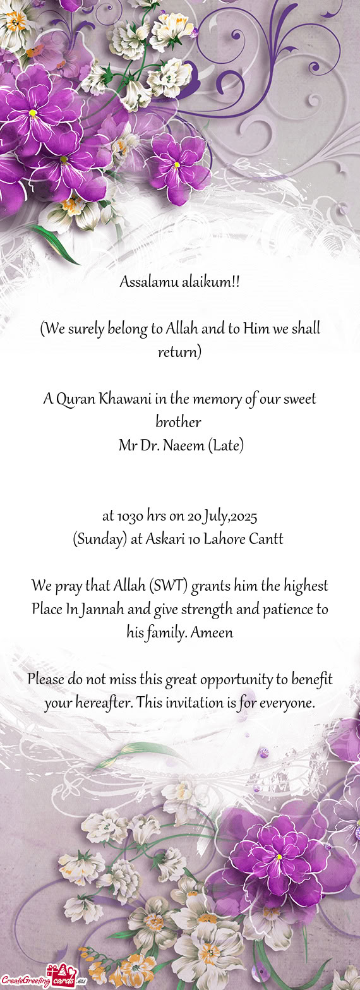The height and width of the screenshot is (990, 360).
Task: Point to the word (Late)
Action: click(225, 446)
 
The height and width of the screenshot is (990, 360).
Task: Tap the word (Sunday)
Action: click(100, 540)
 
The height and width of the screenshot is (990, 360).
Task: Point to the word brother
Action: click(178, 422)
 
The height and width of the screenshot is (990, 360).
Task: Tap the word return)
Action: click(179, 352)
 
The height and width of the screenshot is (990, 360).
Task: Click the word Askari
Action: click(167, 540)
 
